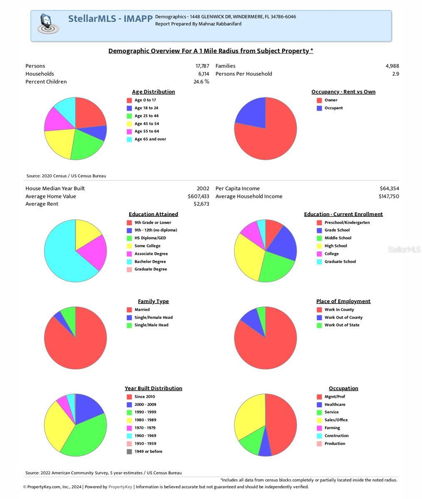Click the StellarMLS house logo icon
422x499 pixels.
click(x=47, y=24)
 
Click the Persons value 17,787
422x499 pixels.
click(x=202, y=66)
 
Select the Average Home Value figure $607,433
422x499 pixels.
click(x=198, y=196)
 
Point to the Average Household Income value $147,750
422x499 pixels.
click(x=388, y=196)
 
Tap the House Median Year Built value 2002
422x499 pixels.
click(x=203, y=188)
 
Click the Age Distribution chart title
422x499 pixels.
click(x=153, y=92)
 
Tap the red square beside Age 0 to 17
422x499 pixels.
click(x=129, y=100)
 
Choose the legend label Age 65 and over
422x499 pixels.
click(x=150, y=139)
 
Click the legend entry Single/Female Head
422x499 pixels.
click(x=153, y=317)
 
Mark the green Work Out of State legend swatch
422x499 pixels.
click(x=319, y=325)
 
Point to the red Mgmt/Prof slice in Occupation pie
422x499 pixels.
click(x=281, y=424)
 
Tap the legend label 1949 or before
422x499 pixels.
click(x=148, y=452)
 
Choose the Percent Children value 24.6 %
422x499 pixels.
click(x=201, y=82)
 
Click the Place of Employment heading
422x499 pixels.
click(x=343, y=301)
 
